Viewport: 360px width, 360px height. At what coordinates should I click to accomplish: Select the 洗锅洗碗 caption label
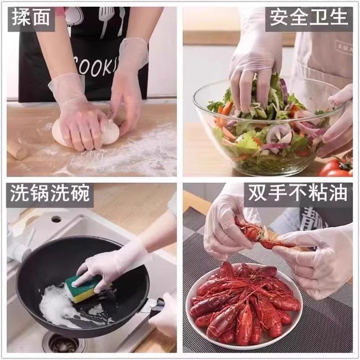[50, 195]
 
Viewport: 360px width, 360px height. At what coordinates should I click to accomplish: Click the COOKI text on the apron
[93, 65]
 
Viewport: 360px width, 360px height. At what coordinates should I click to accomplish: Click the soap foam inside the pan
[56, 307]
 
